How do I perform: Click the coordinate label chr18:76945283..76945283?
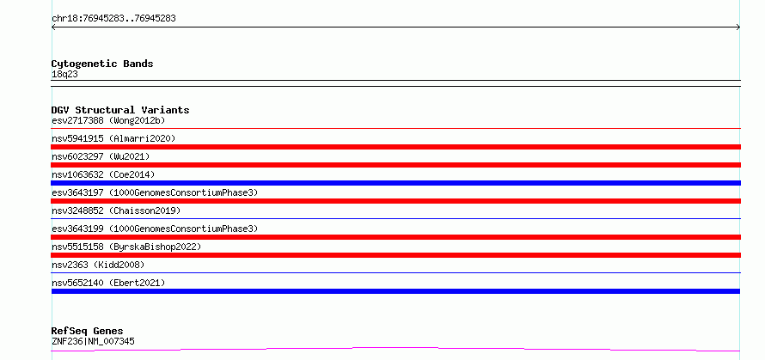113,19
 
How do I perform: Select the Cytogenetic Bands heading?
102,64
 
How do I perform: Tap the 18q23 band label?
64,75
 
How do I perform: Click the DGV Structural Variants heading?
120,110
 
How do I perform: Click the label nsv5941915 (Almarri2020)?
113,138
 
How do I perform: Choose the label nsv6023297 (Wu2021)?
101,156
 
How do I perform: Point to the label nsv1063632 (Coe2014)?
103,174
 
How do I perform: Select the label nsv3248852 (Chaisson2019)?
116,211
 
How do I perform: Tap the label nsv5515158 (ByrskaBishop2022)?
126,247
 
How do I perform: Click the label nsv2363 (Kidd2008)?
98,265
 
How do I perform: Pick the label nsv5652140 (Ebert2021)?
108,283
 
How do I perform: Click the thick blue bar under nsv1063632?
395,183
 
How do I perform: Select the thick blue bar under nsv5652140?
395,291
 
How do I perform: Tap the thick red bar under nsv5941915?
395,147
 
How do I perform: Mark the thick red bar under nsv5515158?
395,255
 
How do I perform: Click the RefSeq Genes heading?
87,332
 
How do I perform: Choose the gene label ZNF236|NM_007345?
93,342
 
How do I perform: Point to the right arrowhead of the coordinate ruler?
738,27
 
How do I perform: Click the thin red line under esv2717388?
395,128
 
